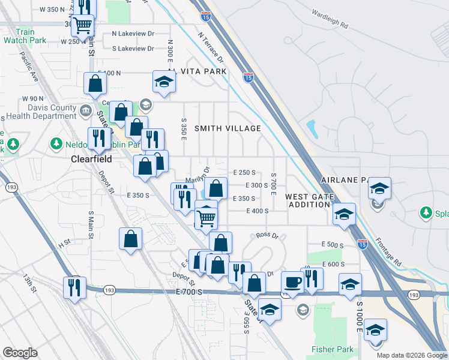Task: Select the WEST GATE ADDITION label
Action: click(x=308, y=200)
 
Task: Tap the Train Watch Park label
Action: click(x=20, y=37)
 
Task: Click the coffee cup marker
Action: click(x=292, y=281)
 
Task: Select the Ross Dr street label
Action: click(x=268, y=236)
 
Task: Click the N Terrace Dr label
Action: click(x=210, y=47)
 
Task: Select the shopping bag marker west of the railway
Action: click(x=130, y=239)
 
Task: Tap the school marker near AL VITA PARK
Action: click(x=163, y=82)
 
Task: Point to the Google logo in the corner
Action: click(x=20, y=353)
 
